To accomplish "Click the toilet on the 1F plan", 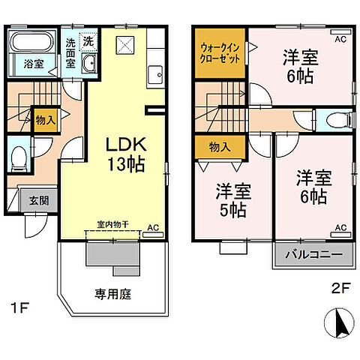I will coord(20,159).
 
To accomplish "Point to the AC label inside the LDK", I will coord(152,227).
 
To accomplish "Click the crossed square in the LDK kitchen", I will coord(124,44).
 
